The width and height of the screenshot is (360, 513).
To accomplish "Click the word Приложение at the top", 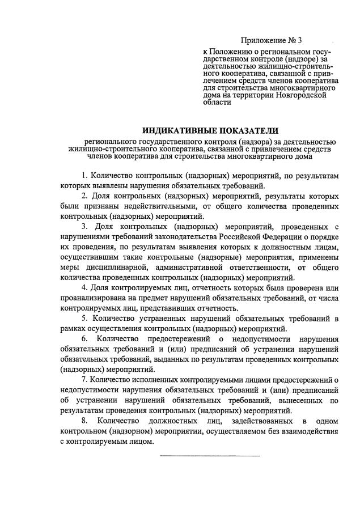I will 262,40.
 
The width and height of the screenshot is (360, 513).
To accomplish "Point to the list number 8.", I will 84,421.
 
